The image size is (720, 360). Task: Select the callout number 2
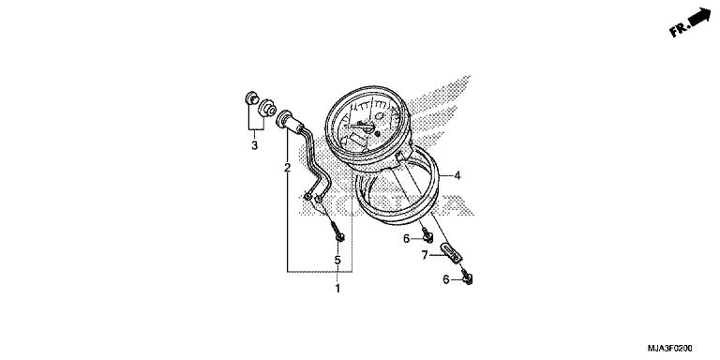coord(262,169)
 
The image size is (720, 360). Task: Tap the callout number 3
coord(254,145)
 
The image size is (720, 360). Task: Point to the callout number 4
coord(457,175)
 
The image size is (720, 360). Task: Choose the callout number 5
coord(337,260)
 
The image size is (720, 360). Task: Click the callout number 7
coord(424,255)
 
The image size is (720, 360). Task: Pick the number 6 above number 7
coord(407,239)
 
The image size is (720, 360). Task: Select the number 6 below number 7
coord(446,279)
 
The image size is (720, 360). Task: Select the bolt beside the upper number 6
coord(427,232)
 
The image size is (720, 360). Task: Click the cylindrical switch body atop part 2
coord(287,121)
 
